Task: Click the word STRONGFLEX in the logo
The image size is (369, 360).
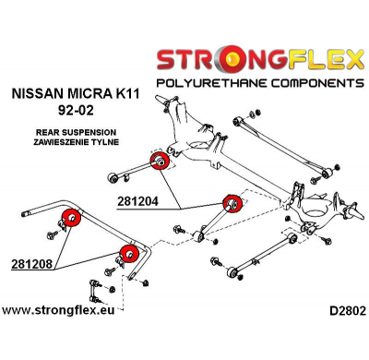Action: coord(257,63)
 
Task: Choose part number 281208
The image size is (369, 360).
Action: coord(30,263)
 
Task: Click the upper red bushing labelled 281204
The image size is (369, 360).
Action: coord(159,162)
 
